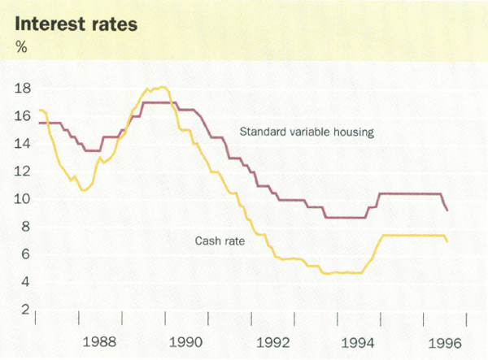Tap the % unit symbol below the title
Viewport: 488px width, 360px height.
point(22,46)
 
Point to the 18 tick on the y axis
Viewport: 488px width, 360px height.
point(23,88)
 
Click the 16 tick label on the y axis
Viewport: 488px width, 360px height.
point(23,115)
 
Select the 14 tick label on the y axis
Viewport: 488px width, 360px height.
point(23,143)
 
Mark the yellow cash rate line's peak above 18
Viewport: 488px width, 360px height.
point(162,87)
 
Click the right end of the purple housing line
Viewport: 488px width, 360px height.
point(447,210)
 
